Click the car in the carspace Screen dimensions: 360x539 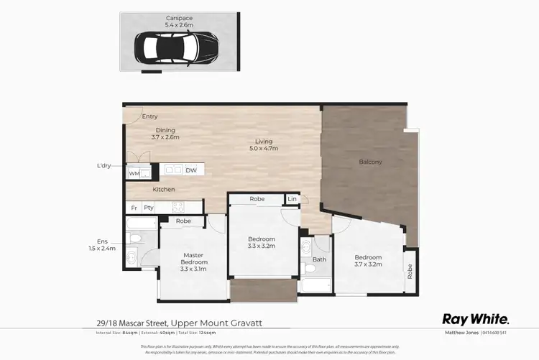pyautogui.click(x=177, y=47)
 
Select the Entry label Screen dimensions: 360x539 pyautogui.click(x=149, y=116)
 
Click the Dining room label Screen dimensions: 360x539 pyautogui.click(x=165, y=130)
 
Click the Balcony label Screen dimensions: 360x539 pyautogui.click(x=370, y=162)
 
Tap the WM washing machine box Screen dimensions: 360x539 pyautogui.click(x=134, y=173)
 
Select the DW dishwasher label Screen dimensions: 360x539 pyautogui.click(x=191, y=170)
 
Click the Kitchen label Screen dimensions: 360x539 pyautogui.click(x=164, y=190)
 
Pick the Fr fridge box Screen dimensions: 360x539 pyautogui.click(x=134, y=208)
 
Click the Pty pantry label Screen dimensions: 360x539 pyautogui.click(x=149, y=208)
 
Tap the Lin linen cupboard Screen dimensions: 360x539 pyautogui.click(x=292, y=198)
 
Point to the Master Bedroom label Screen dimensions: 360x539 pyautogui.click(x=193, y=258)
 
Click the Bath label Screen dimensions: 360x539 pyautogui.click(x=319, y=259)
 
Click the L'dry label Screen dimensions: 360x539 pyautogui.click(x=106, y=166)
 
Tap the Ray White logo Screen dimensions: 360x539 pyautogui.click(x=475, y=319)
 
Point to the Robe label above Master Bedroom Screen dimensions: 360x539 pyautogui.click(x=183, y=221)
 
